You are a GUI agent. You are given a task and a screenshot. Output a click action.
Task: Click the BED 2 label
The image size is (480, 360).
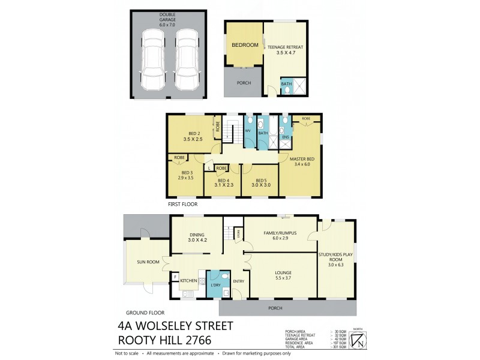(x=194, y=136)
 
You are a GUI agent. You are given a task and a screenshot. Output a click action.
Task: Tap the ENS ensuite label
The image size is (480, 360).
(x=286, y=137)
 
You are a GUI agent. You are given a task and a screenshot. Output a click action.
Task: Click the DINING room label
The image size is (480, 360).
(x=197, y=237)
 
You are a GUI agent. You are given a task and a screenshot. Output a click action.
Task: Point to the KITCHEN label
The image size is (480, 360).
(x=189, y=280)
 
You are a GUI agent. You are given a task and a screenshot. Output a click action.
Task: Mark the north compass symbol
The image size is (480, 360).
(x=359, y=340)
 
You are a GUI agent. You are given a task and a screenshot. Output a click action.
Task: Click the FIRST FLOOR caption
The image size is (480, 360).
(x=182, y=204)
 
